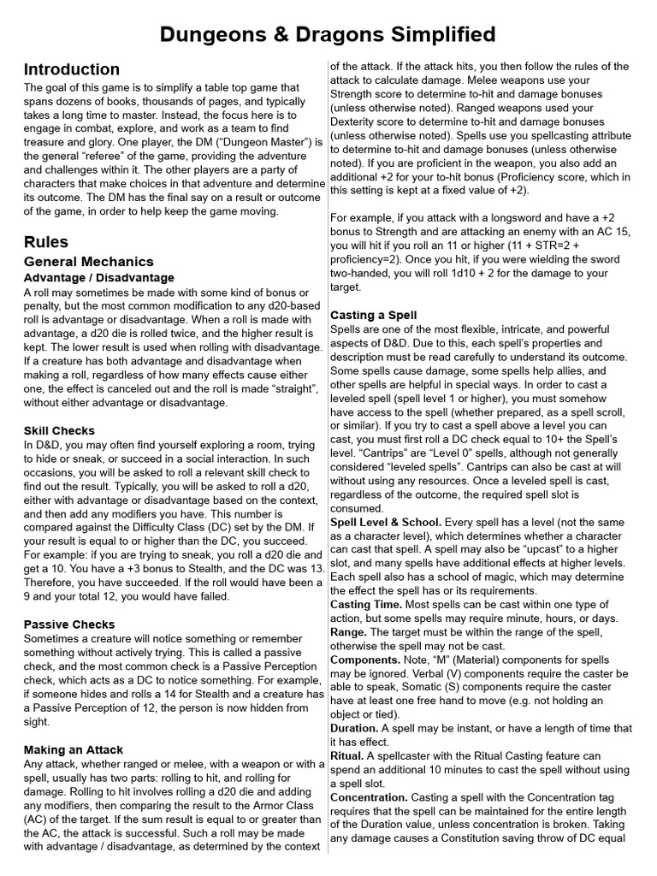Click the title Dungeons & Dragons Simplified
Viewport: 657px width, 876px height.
(328, 34)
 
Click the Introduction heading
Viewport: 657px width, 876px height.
(71, 70)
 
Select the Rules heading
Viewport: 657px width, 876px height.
(45, 242)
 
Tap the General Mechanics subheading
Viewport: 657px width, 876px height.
(89, 262)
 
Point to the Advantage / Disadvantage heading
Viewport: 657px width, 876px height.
(99, 278)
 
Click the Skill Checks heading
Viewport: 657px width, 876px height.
(59, 430)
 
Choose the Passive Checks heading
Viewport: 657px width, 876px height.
(69, 624)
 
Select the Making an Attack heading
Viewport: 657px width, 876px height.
(74, 749)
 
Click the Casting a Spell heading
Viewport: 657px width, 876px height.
(374, 315)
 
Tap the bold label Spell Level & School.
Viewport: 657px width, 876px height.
(386, 522)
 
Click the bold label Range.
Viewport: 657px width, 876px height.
(348, 632)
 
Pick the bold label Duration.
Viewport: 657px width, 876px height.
(354, 729)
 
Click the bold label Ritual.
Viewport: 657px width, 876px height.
(347, 756)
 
